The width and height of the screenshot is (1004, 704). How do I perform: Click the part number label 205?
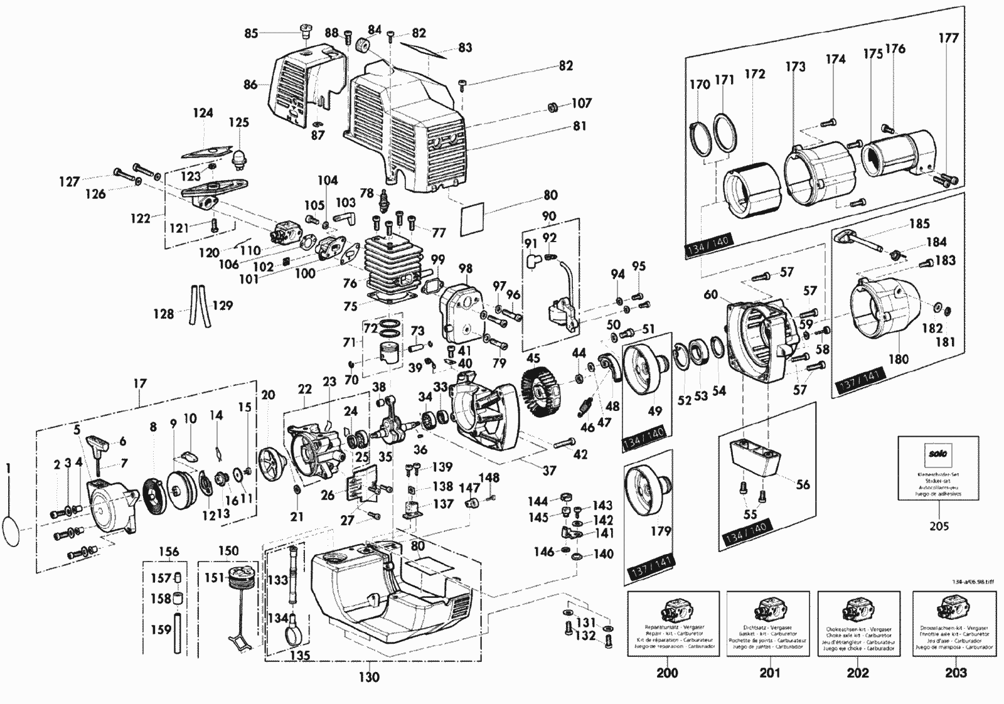tap(939, 526)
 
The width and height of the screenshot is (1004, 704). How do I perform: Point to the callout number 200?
tap(667, 673)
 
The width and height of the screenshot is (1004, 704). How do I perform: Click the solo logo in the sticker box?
tap(938, 454)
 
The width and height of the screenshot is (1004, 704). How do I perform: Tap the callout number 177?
tap(948, 38)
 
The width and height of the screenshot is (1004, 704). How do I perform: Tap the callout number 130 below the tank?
tap(369, 677)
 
